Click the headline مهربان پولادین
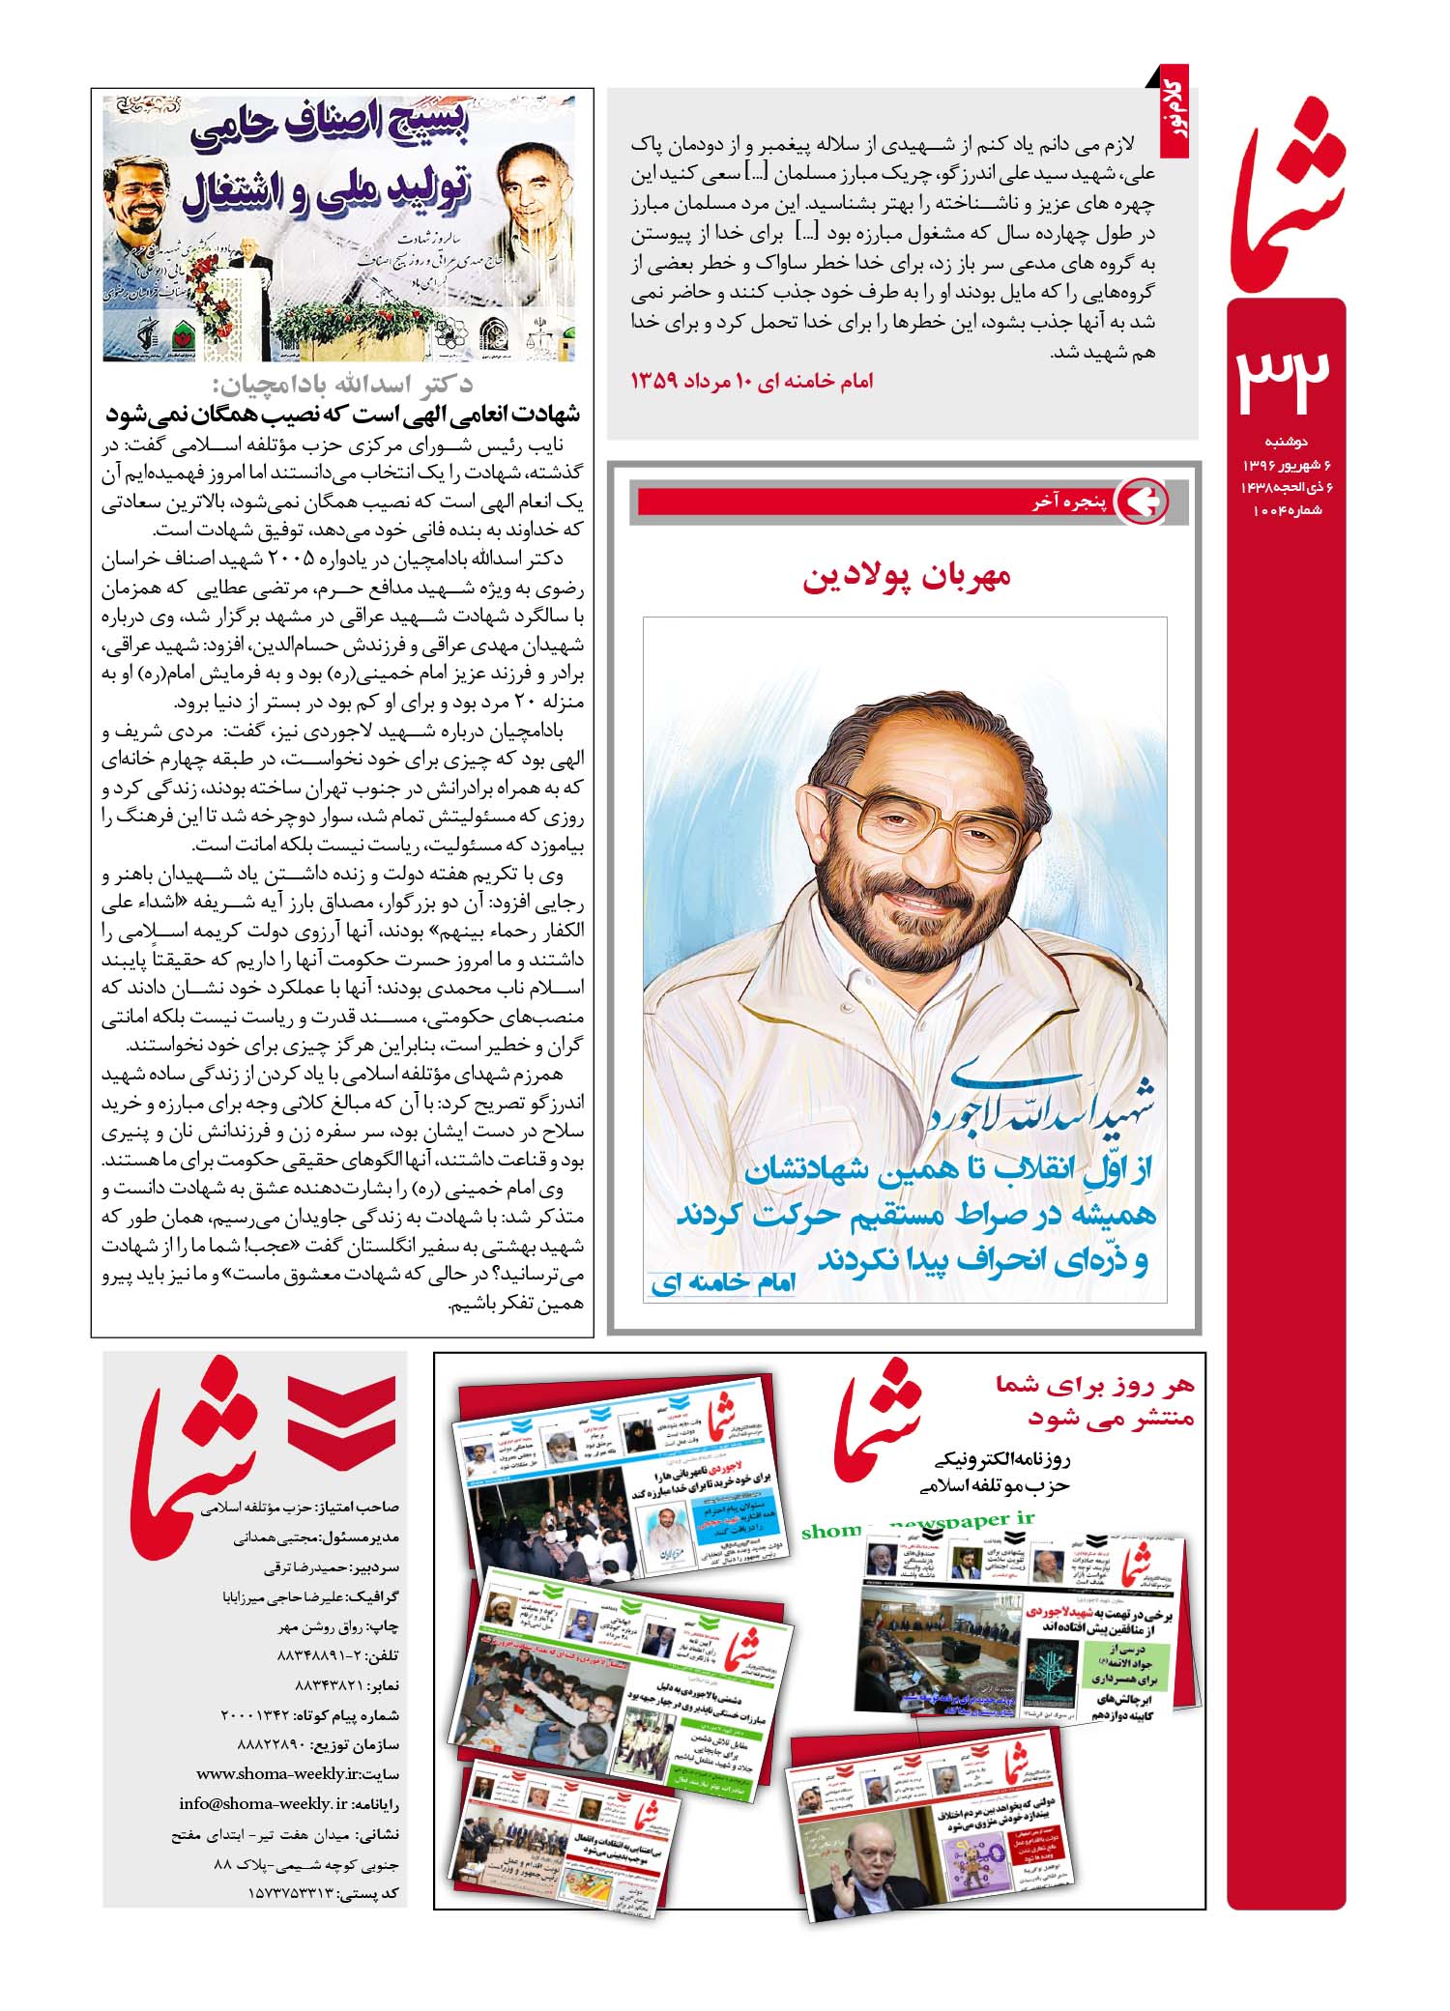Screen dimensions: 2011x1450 (906, 577)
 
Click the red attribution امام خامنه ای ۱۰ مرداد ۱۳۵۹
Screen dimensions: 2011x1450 (751, 382)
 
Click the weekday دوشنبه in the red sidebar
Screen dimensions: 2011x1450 (1287, 443)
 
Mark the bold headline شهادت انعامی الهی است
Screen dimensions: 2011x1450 (343, 415)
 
